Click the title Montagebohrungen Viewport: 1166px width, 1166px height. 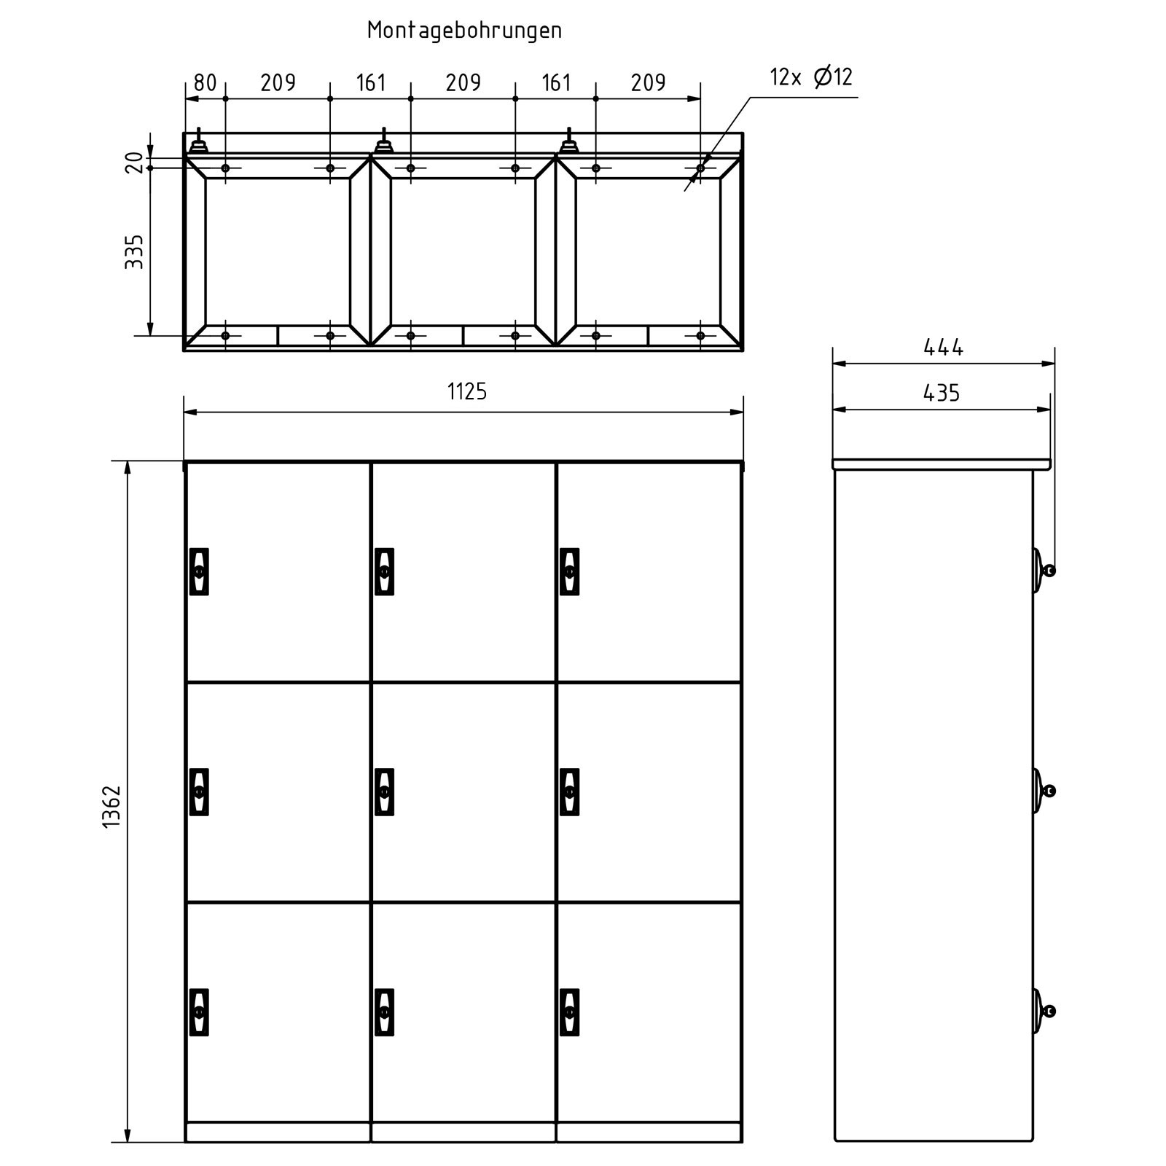464,30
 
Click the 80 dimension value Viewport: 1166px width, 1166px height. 206,83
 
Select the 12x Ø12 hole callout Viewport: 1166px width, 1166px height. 811,77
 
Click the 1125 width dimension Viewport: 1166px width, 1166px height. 466,392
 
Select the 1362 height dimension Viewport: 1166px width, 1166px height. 111,807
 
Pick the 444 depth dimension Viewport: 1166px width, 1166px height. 943,348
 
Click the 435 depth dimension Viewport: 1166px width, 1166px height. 942,394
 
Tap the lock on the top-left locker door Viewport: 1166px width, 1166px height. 199,571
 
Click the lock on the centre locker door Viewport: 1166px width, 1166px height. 384,791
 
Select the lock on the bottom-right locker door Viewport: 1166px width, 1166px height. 570,1012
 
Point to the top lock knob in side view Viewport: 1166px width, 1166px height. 1043,570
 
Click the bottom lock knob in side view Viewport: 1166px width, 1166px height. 1043,1011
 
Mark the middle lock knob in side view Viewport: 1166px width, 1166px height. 1043,791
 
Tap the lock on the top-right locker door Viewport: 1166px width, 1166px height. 570,571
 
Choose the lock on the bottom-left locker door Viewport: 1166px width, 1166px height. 199,1012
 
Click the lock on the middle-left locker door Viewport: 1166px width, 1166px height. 199,791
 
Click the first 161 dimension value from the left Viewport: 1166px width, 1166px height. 371,83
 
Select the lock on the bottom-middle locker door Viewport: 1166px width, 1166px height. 384,1012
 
